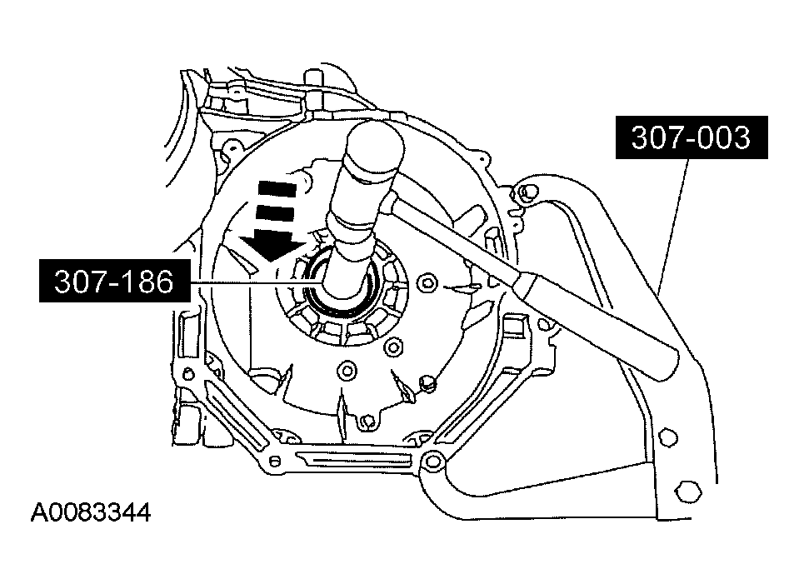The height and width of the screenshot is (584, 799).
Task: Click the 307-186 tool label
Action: click(113, 283)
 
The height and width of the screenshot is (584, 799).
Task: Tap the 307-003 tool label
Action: click(690, 137)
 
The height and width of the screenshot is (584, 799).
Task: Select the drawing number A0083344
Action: click(91, 512)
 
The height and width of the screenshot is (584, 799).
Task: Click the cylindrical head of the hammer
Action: click(373, 154)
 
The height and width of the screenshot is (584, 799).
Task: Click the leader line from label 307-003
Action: click(675, 217)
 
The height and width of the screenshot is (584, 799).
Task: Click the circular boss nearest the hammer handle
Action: click(428, 282)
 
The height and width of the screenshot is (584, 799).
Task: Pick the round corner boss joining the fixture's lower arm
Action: click(432, 458)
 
